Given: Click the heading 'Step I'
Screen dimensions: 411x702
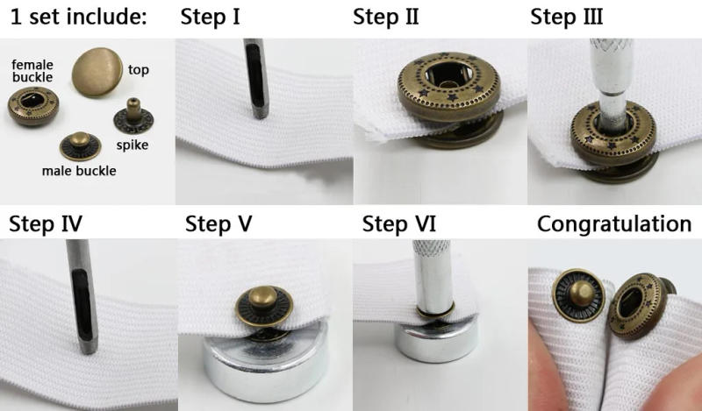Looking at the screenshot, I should pos(211,17).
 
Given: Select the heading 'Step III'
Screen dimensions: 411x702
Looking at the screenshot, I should pos(567,17).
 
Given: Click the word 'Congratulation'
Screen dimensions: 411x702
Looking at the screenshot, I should pos(614,223).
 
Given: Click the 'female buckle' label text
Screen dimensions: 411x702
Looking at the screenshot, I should pos(32,70).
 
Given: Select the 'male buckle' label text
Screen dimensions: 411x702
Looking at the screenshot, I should pos(79,170).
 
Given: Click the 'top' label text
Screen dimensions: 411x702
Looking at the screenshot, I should pos(138,70).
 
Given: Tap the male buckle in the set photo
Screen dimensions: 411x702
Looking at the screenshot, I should pos(79,145).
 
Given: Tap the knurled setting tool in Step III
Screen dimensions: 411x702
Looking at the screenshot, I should pos(609,70).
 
